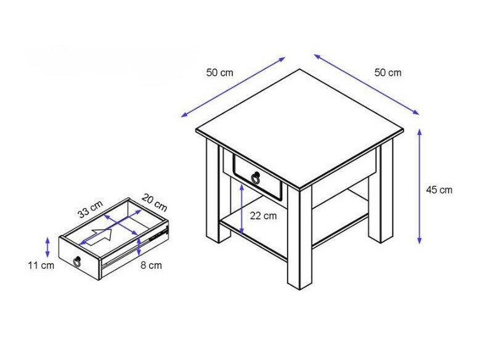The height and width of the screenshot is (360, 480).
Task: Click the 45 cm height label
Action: point(439,190)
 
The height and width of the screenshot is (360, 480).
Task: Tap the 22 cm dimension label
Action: point(263,216)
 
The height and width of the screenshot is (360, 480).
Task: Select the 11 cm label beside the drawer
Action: point(41,265)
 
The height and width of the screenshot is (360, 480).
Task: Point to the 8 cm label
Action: point(151,265)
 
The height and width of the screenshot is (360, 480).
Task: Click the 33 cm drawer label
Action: point(90,209)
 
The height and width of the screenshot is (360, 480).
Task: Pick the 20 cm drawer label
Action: point(155,203)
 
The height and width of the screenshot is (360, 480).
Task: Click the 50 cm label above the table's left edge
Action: point(219,73)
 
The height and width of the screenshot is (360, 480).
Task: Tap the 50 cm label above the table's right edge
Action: point(388,73)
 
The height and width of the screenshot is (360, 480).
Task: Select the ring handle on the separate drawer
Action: point(78,261)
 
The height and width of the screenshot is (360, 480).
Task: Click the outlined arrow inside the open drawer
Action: point(99,237)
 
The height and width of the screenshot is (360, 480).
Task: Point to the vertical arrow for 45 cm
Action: point(420,186)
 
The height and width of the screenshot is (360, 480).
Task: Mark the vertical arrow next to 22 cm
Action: point(242,209)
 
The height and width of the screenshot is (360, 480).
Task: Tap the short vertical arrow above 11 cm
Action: point(47,247)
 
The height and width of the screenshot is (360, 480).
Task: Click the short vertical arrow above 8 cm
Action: point(139,246)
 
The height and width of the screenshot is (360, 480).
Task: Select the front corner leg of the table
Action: point(299,239)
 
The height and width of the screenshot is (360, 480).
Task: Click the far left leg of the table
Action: point(213,190)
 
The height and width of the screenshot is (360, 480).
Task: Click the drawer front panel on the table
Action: point(257,178)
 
